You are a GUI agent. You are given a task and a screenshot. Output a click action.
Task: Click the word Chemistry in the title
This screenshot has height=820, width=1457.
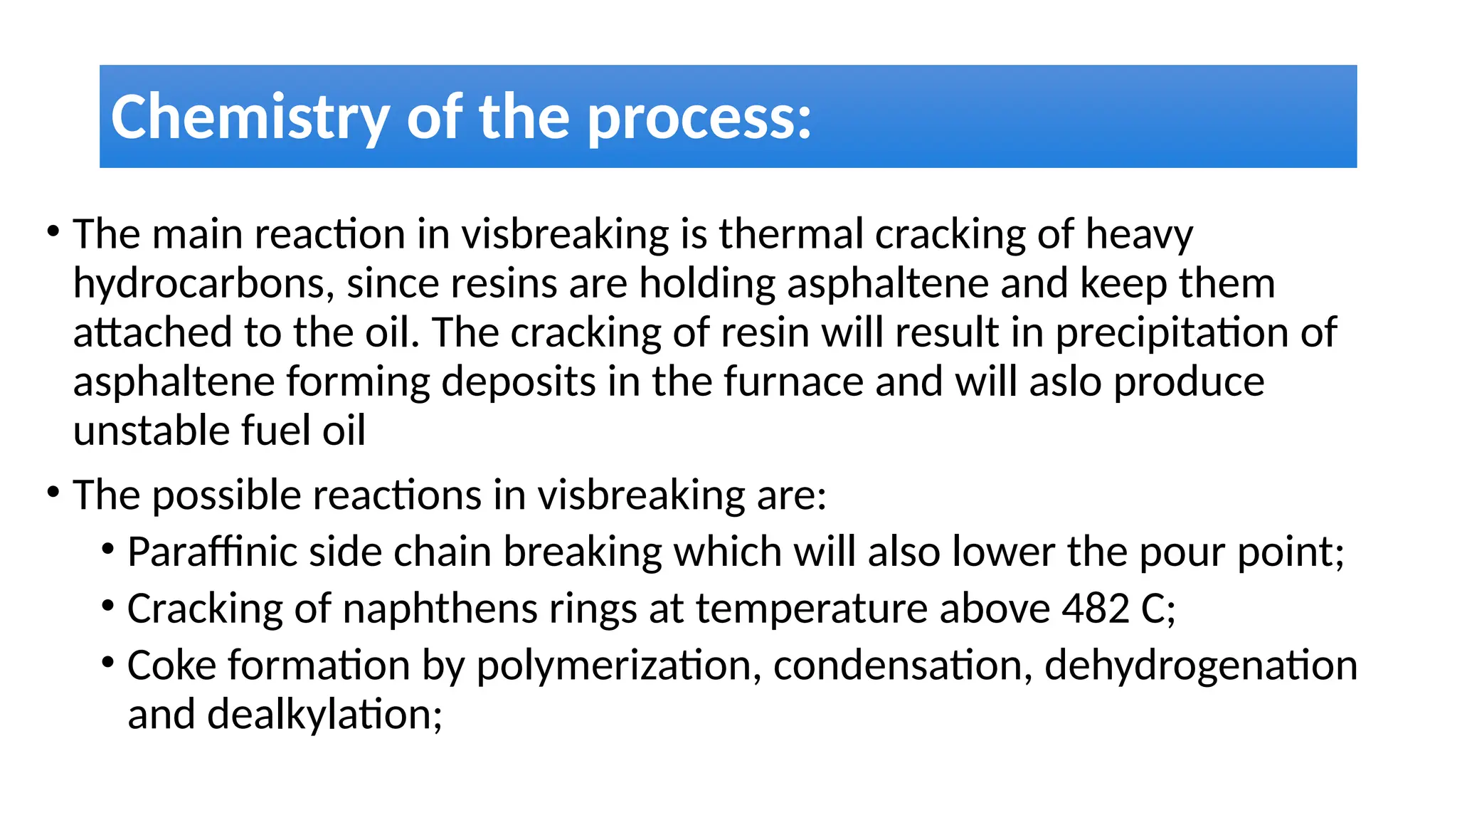point(249,117)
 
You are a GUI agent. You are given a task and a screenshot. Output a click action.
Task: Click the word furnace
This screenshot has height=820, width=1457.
point(793,382)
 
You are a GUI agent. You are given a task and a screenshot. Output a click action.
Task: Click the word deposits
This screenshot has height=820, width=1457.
point(519,382)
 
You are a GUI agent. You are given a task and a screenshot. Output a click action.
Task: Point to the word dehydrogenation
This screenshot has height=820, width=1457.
point(1201,666)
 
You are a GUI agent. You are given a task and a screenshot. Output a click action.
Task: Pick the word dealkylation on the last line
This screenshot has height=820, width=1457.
point(324,715)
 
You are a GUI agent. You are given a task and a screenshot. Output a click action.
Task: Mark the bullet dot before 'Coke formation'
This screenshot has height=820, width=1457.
point(107,663)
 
